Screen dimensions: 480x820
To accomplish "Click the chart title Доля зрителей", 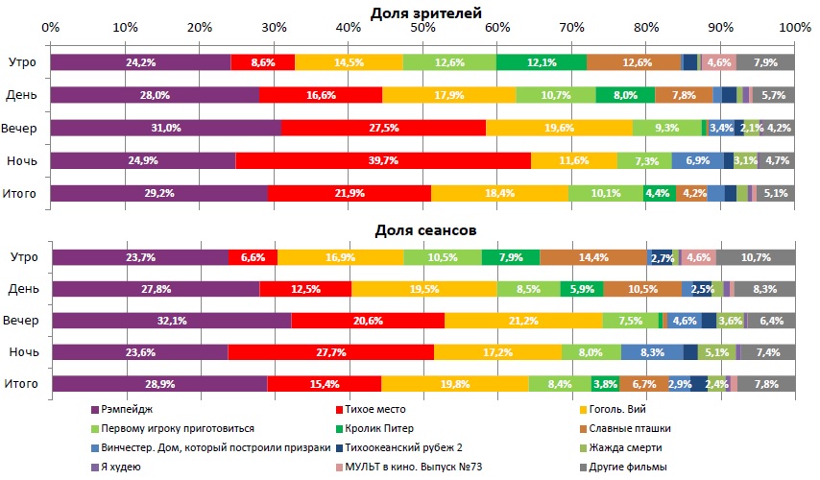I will (425, 12).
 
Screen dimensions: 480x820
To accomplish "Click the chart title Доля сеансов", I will (425, 231).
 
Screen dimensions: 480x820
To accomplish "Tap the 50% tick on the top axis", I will (422, 30).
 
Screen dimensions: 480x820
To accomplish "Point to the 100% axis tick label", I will (795, 30).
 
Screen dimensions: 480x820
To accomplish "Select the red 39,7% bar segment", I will (382, 160).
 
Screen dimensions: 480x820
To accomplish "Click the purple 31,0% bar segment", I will (165, 128).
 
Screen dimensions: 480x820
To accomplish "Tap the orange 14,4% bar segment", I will (592, 257).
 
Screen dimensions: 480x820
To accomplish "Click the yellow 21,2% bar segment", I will (523, 320).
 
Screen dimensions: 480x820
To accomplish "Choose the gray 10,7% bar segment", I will (756, 257).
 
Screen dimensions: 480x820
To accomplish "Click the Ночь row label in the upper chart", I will (21, 160).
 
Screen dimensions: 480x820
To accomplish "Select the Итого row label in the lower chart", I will (21, 384).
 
